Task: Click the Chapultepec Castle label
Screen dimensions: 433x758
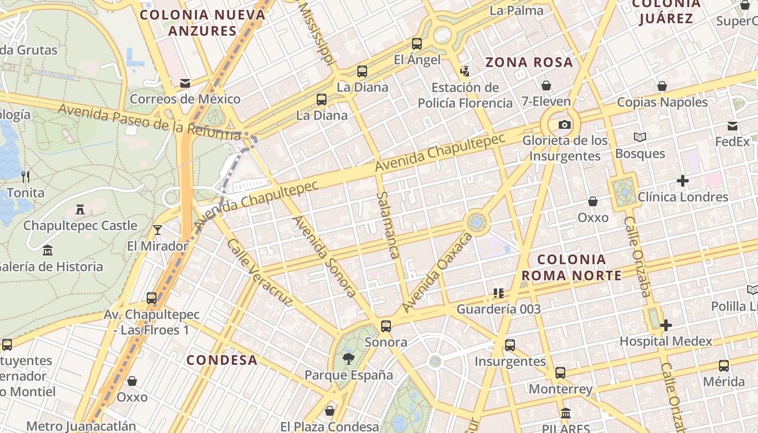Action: (80, 225)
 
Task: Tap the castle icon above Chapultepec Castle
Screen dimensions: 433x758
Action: (80, 209)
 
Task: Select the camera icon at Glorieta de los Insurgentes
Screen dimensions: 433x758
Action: (564, 125)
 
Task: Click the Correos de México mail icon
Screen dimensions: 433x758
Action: (185, 83)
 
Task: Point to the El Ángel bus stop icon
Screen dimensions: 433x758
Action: (417, 44)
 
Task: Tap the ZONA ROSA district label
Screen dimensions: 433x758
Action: (529, 62)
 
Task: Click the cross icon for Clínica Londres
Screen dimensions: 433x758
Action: (683, 181)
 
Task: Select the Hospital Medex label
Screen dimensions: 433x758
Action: (666, 342)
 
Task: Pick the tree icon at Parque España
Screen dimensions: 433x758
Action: (349, 358)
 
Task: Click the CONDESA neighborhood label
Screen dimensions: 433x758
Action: (222, 360)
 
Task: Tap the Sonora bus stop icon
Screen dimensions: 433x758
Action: (386, 326)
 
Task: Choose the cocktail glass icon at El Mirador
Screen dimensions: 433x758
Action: (157, 230)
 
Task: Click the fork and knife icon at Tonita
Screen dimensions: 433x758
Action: (25, 176)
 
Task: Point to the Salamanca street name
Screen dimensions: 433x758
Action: (388, 225)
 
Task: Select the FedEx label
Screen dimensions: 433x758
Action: (732, 142)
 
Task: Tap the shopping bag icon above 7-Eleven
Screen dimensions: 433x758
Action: (546, 86)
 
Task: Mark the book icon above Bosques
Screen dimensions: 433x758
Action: (640, 137)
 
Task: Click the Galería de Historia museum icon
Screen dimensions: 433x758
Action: (48, 251)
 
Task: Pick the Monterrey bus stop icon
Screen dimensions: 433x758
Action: (560, 373)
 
